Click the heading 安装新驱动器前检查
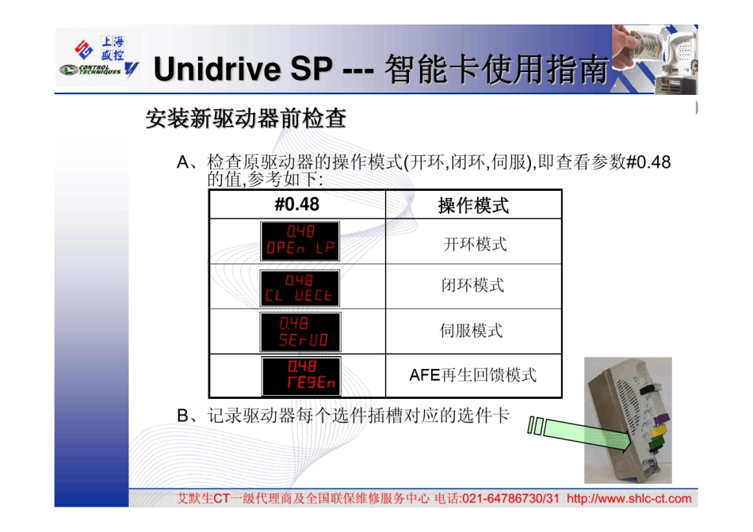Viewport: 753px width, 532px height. coord(246,120)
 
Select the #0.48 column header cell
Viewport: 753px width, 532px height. coord(297,205)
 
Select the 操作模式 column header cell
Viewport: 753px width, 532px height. coord(473,206)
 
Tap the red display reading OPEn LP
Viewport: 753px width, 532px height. coord(300,241)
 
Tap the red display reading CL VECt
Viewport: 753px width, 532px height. coord(300,288)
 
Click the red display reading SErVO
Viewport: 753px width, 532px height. coord(300,332)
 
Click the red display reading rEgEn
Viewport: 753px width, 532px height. coord(300,376)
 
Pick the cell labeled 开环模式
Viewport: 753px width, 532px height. coord(474,244)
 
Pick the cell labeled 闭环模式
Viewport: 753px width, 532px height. coord(473,286)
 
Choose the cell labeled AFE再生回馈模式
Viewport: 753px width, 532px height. coord(473,374)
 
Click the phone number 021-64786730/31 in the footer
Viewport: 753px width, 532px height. coord(510,499)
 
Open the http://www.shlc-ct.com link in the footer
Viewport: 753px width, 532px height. coord(629,499)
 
